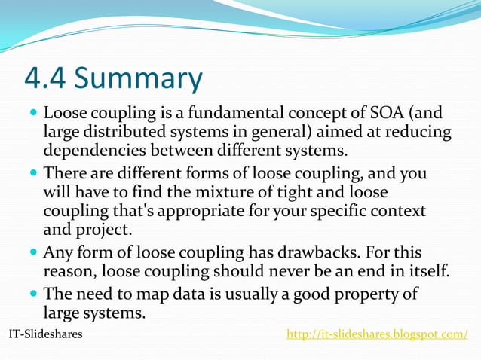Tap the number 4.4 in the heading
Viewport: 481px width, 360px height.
click(46, 78)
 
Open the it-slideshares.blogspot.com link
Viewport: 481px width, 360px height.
click(377, 334)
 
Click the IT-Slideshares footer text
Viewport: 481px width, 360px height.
click(45, 334)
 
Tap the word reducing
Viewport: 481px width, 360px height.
click(419, 133)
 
